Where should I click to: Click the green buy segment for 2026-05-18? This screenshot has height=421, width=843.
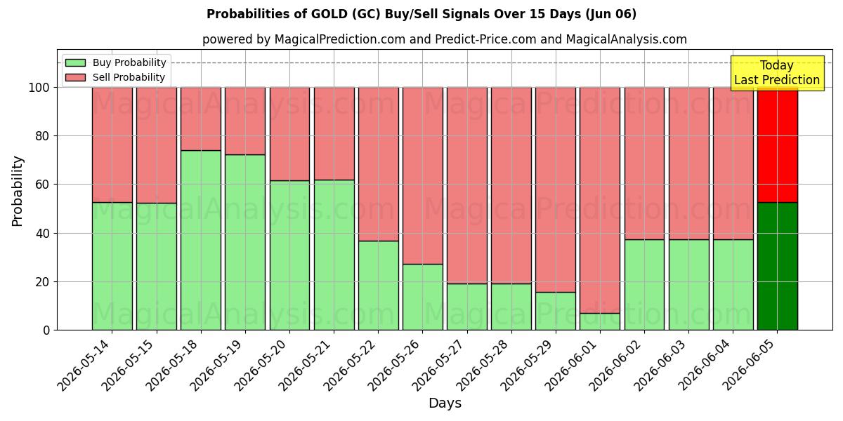click(201, 240)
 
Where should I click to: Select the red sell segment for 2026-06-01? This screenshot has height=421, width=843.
click(600, 201)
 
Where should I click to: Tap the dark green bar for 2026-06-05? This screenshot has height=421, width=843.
click(778, 266)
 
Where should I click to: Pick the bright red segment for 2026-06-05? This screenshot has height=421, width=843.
click(778, 145)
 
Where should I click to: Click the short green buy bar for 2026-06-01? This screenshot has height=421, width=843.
click(600, 322)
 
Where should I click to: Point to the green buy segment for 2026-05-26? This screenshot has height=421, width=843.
click(423, 297)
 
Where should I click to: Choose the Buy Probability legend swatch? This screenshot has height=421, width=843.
click(75, 62)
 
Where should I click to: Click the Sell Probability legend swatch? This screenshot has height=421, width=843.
click(75, 77)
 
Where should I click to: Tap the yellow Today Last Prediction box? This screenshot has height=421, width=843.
click(778, 73)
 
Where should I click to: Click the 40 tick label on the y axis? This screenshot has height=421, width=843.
click(43, 234)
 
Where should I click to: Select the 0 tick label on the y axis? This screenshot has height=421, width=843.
click(46, 330)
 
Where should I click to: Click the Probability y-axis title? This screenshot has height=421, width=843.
click(18, 191)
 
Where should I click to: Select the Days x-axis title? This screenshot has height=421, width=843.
click(445, 403)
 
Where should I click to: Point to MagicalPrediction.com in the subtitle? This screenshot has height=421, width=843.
click(340, 39)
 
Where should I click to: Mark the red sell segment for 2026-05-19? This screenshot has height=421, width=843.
click(245, 121)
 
